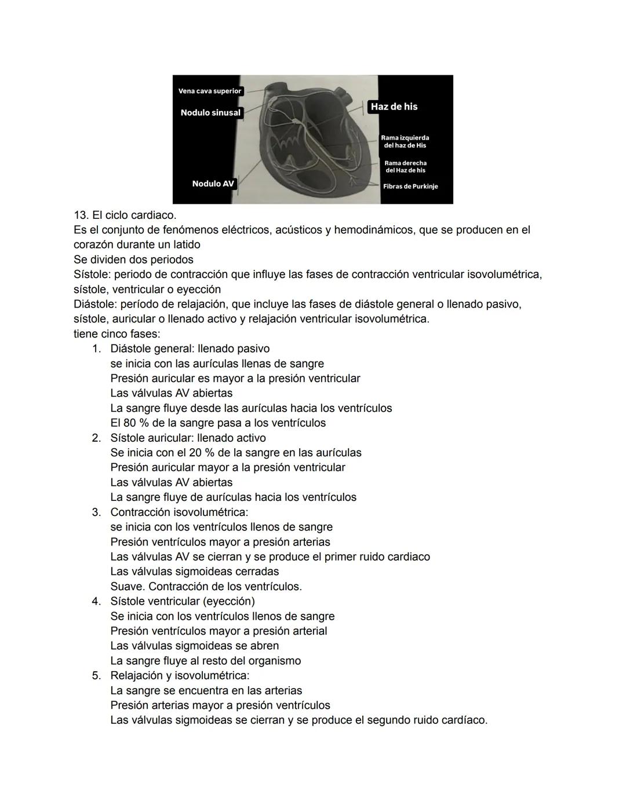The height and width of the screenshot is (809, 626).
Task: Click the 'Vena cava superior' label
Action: (210, 91)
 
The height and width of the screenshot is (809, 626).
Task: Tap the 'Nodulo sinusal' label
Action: (210, 112)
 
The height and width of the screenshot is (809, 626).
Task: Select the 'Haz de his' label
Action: (394, 107)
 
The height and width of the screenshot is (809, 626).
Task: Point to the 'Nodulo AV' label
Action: (213, 184)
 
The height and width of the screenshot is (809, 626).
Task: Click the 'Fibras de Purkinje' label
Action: (410, 186)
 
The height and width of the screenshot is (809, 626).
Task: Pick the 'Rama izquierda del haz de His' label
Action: (405, 141)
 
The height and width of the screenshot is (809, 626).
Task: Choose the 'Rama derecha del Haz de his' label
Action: (405, 167)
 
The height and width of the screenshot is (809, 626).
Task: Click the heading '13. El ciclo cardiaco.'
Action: (125, 215)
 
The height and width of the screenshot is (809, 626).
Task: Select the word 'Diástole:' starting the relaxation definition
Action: (95, 304)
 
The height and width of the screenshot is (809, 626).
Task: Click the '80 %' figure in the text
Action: (135, 423)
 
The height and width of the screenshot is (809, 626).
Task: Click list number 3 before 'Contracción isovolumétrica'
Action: (96, 513)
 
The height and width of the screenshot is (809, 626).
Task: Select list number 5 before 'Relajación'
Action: (96, 676)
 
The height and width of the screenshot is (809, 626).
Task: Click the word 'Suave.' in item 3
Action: (128, 587)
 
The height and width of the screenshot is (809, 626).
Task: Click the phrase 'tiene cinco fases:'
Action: (117, 334)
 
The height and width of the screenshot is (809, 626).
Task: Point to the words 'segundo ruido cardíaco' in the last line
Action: (425, 720)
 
